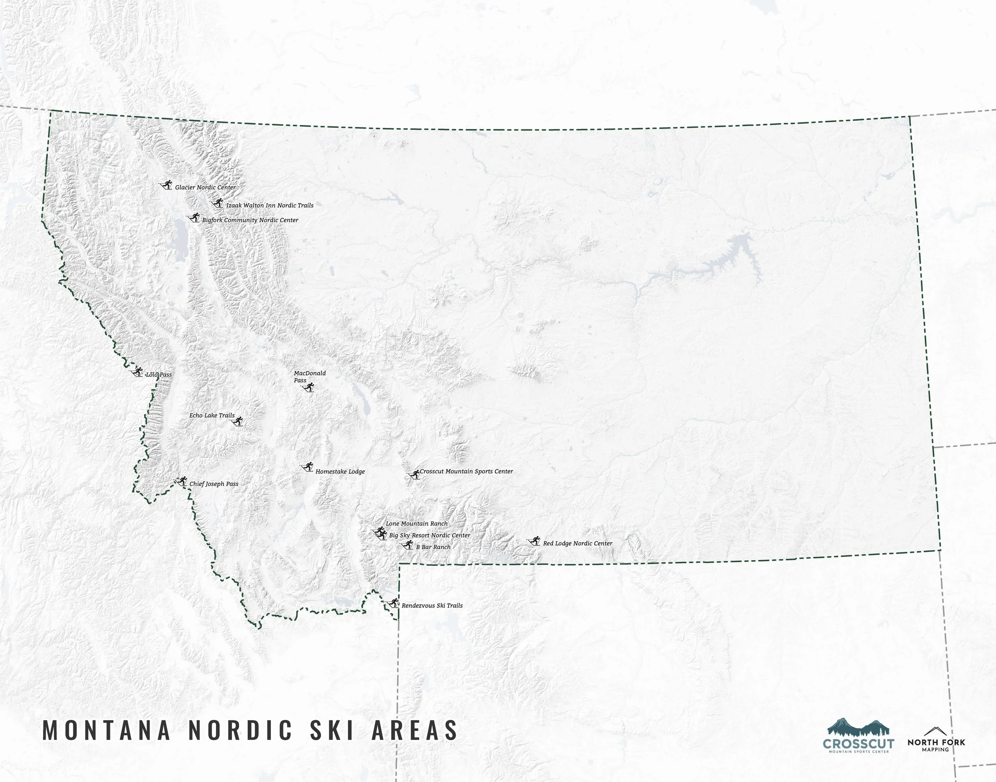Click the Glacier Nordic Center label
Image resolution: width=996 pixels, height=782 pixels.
tap(205, 187)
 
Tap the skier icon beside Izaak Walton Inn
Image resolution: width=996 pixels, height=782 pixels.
tap(217, 203)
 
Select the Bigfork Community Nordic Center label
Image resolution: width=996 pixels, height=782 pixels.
tap(250, 220)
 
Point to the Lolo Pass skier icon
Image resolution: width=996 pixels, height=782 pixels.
tap(137, 372)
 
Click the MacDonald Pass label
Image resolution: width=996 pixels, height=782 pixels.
tap(309, 376)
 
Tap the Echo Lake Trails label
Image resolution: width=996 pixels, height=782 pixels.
tap(212, 415)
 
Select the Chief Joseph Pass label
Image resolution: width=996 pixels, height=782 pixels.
tap(214, 484)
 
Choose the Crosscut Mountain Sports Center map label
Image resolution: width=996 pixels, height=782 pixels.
tap(466, 471)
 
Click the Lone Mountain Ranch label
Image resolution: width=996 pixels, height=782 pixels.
tap(416, 524)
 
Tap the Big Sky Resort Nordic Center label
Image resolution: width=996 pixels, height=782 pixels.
tap(429, 535)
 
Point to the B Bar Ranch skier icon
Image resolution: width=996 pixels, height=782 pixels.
tap(407, 545)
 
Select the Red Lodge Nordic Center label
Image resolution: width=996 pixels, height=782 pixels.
tap(577, 543)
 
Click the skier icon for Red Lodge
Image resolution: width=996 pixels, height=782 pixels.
tap(534, 542)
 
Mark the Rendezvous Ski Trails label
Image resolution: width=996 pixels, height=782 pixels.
tap(432, 606)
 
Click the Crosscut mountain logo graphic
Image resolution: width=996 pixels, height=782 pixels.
tap(858, 727)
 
